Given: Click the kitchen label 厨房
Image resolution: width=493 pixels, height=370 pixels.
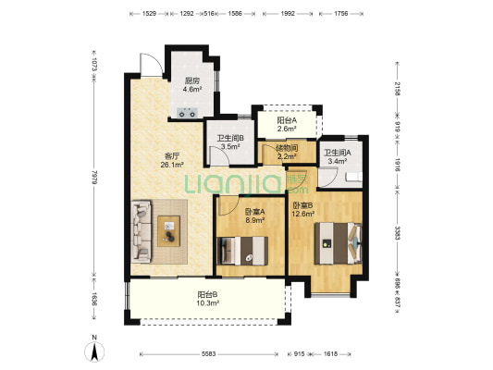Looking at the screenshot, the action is [x=191, y=80].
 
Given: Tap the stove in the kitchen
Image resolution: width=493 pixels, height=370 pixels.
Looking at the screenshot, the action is [x=188, y=113].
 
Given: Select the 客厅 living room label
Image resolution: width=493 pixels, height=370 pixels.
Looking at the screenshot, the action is [x=172, y=156].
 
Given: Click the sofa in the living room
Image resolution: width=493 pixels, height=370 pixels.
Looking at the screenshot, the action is [x=142, y=231].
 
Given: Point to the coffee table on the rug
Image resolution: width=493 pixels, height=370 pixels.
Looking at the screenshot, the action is [x=169, y=231].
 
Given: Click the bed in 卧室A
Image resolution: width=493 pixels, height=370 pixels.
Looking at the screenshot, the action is [x=242, y=251].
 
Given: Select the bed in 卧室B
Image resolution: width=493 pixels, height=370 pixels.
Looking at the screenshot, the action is [x=338, y=243].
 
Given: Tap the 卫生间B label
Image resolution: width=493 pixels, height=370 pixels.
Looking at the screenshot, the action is [x=230, y=138].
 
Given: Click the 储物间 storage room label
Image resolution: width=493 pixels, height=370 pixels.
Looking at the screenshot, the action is [x=287, y=148].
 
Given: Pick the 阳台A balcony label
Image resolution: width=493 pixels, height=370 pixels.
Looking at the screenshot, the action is [x=287, y=120].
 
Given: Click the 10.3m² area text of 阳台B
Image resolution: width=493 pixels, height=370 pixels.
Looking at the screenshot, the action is [x=208, y=303].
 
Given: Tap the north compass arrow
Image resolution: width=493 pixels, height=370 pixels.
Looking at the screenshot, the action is [x=94, y=351].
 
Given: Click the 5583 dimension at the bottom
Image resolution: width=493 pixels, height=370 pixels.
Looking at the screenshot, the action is [x=208, y=354].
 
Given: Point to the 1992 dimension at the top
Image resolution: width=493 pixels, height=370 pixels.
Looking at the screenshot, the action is [x=288, y=14].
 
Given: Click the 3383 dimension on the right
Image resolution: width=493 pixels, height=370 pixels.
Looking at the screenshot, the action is [x=398, y=233].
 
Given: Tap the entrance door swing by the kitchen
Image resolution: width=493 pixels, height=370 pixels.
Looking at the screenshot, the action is [x=152, y=65].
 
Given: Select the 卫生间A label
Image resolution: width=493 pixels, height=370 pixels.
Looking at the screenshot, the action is [x=338, y=154].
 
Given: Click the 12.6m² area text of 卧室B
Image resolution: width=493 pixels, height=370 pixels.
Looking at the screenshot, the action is [x=303, y=214].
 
